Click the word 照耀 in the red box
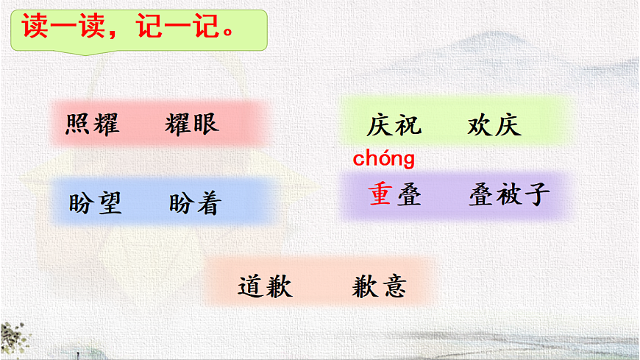click(92, 124)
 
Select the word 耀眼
click(192, 124)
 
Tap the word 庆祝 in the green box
click(394, 126)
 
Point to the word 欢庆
click(494, 126)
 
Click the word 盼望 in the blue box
click(95, 203)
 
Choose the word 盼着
click(195, 203)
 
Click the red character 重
click(380, 195)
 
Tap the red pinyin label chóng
click(384, 158)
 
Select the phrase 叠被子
click(508, 195)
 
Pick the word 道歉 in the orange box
click(265, 286)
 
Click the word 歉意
click(379, 286)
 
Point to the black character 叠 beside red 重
click(408, 195)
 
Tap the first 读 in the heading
click(34, 28)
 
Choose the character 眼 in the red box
click(205, 124)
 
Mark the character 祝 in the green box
click(408, 126)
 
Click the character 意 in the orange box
click(393, 286)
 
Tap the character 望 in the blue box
click(109, 203)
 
